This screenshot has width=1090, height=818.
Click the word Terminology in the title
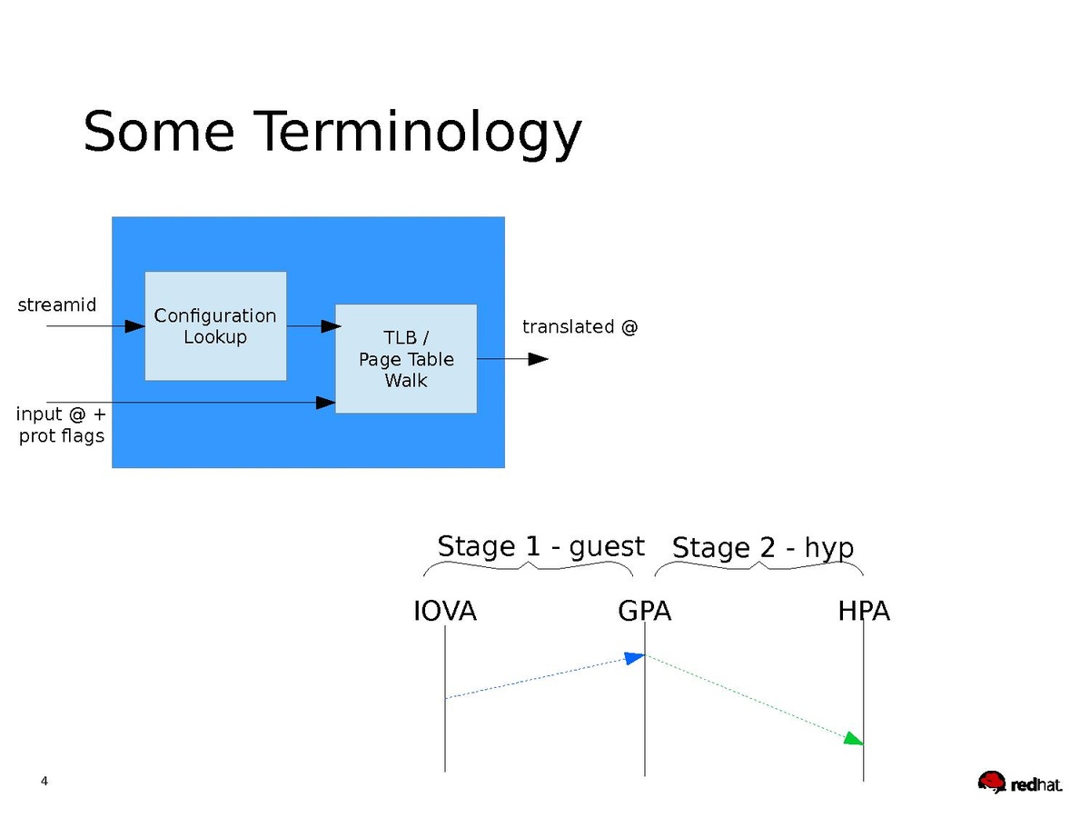pos(417,133)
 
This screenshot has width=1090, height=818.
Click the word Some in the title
pos(159,131)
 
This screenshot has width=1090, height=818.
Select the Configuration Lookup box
pos(215,326)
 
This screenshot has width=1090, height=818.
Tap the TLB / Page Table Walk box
pos(406,359)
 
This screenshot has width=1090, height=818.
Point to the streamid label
pos(57,305)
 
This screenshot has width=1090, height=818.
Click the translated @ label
pos(580,327)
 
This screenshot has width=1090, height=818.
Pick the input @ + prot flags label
pos(62,425)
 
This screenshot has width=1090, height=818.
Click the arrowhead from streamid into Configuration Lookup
pos(135,326)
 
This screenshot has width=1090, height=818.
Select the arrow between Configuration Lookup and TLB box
pos(313,326)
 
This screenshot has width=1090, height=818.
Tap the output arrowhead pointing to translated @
pos(538,359)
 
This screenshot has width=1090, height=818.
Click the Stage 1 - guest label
pos(540,546)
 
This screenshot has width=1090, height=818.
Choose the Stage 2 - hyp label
pos(763,548)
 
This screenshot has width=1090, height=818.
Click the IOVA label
pos(445,612)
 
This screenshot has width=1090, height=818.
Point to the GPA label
pos(645,612)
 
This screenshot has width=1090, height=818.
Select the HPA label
pos(864,612)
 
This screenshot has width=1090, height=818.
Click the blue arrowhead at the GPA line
pos(633,657)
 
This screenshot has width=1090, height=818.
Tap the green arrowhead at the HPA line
pos(853,739)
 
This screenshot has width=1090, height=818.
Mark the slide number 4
pos(45,782)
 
